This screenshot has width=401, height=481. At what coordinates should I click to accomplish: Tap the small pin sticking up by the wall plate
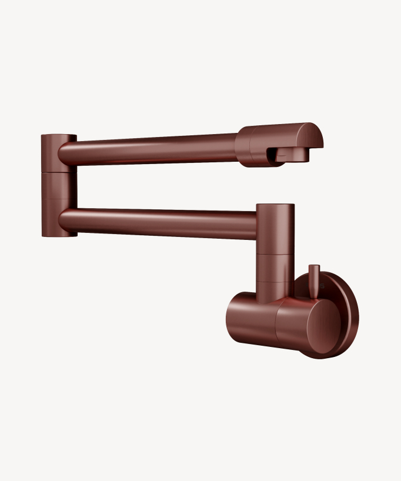314,276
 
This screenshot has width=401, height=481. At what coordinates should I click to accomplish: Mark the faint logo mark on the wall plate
322,286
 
